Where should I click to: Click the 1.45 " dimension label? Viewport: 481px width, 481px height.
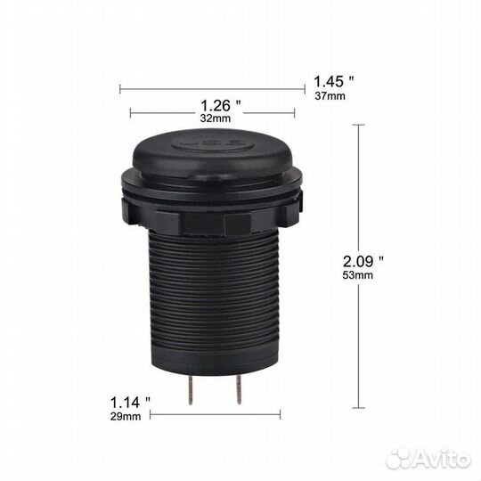click(x=334, y=80)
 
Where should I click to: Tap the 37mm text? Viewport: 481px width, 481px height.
click(x=330, y=96)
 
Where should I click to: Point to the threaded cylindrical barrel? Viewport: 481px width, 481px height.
click(x=214, y=294)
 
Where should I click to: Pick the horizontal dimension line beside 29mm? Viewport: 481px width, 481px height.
click(x=215, y=414)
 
